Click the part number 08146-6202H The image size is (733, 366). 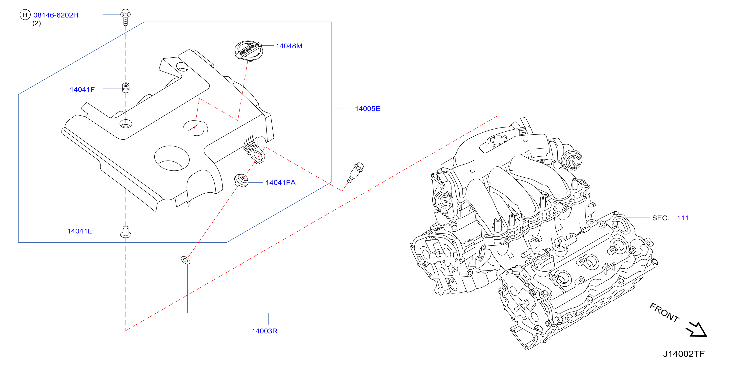coord(56,15)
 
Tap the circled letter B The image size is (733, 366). coord(25,15)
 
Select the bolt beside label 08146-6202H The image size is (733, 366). coord(125,17)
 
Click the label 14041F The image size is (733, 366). coord(82,90)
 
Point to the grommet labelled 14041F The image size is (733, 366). coord(126,88)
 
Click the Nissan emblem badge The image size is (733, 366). coord(248,50)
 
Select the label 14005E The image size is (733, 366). coord(367,109)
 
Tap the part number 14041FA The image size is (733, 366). coord(281,183)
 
